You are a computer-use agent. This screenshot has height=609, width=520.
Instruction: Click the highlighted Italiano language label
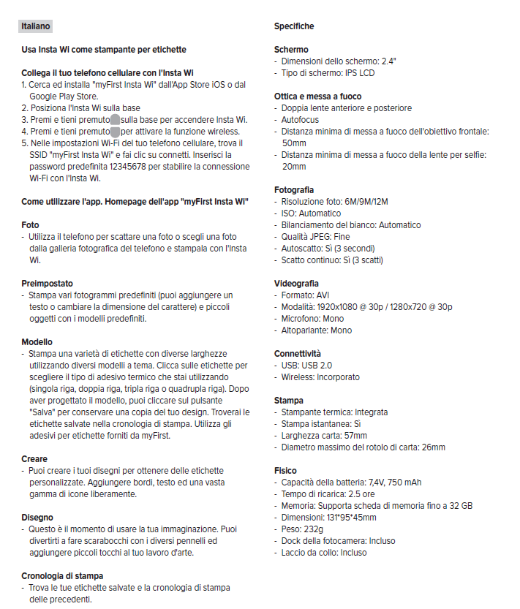[36, 26]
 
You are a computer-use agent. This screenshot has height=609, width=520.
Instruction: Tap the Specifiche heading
[294, 26]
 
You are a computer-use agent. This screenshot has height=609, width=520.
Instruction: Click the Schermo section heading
[291, 50]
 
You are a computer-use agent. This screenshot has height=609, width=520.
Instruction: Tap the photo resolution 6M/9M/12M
[371, 202]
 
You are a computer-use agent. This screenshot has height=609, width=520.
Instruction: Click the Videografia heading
[296, 284]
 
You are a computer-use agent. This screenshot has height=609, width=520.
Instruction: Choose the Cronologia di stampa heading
[62, 576]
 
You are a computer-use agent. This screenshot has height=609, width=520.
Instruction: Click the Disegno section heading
[37, 518]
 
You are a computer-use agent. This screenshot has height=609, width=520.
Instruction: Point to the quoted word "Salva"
[48, 412]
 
